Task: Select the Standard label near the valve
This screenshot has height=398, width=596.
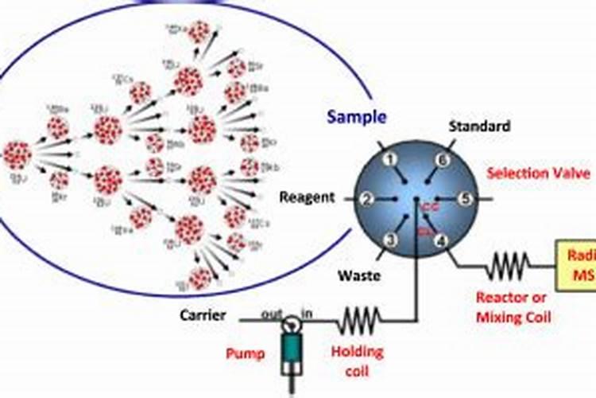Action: tap(479, 126)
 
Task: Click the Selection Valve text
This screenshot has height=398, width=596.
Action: tap(538, 172)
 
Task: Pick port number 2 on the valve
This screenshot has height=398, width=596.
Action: tap(368, 198)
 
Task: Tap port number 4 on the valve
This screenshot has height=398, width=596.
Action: tap(442, 240)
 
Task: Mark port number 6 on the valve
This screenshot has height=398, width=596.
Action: tap(443, 160)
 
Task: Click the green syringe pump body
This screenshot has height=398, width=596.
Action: tap(294, 349)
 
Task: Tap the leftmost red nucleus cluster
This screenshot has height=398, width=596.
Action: tap(17, 154)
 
